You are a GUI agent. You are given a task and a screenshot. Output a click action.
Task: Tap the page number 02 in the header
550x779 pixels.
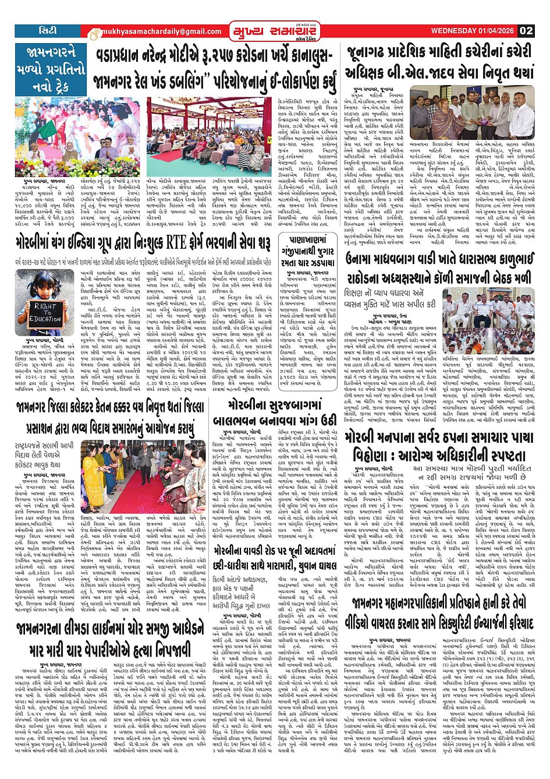526,31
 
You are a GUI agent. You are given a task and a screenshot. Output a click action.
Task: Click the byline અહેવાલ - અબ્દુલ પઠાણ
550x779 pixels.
392,322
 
